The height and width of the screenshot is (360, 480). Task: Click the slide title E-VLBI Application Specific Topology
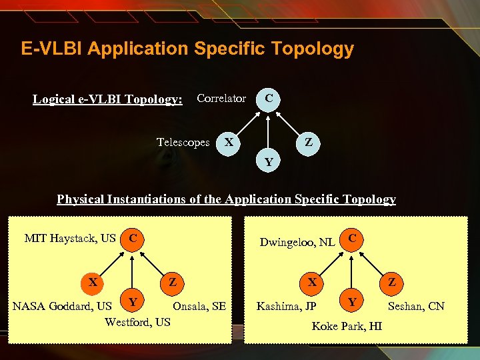click(x=187, y=49)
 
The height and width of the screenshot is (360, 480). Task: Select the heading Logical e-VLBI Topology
click(x=107, y=99)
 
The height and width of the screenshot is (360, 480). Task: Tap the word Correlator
click(x=221, y=99)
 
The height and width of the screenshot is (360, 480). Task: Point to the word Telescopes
click(x=183, y=142)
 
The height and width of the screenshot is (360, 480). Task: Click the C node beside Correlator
click(x=268, y=98)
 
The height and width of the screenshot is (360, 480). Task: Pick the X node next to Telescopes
click(x=229, y=142)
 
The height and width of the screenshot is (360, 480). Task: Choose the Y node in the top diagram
click(x=268, y=161)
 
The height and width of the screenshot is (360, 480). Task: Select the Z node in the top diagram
click(x=308, y=142)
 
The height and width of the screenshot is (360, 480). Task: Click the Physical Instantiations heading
click(x=226, y=199)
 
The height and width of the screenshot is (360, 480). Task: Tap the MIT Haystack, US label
click(x=70, y=238)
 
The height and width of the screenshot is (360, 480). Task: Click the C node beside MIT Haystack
click(x=133, y=238)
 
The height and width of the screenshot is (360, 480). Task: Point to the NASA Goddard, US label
click(x=63, y=307)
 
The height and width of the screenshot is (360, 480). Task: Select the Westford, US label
click(x=138, y=322)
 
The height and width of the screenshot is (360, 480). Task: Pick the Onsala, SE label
click(x=199, y=307)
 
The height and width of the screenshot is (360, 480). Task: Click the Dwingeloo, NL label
click(x=297, y=242)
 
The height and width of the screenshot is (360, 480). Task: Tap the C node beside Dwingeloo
click(x=353, y=238)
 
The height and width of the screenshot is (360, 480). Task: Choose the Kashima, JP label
click(x=287, y=307)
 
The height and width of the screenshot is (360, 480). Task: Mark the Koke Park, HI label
click(x=347, y=327)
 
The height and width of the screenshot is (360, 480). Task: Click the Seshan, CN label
click(x=416, y=307)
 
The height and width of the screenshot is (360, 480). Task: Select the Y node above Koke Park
click(x=351, y=301)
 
